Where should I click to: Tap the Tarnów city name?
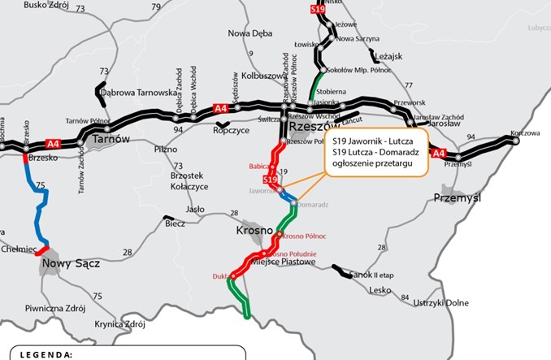tap(111, 139)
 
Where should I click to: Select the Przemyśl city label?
tap(459, 197)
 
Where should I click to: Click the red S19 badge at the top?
tap(318, 8)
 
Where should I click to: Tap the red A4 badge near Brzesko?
tap(54, 144)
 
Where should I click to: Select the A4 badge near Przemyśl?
tap(439, 153)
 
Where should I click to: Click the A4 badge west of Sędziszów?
tap(220, 108)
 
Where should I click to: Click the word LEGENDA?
tap(46, 354)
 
